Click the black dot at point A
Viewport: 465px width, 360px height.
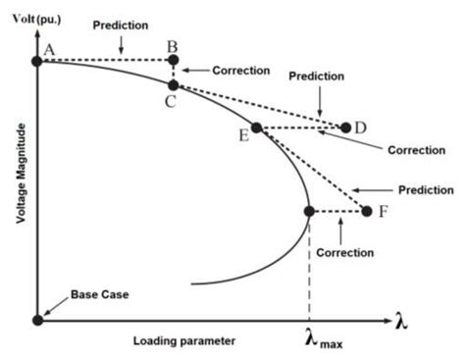(37, 61)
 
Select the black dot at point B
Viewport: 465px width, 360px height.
(174, 61)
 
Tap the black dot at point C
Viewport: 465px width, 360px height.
(174, 85)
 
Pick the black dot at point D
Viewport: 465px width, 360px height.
(345, 127)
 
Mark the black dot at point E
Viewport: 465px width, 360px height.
(256, 128)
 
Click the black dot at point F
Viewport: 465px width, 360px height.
(367, 211)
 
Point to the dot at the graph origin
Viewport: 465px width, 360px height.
(37, 319)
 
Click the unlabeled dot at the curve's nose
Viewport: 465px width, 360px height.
(309, 211)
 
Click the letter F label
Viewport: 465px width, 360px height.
(382, 211)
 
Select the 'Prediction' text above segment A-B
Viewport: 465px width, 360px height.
(121, 24)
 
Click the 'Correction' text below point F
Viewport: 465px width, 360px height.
(344, 252)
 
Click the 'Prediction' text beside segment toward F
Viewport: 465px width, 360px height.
(425, 189)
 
